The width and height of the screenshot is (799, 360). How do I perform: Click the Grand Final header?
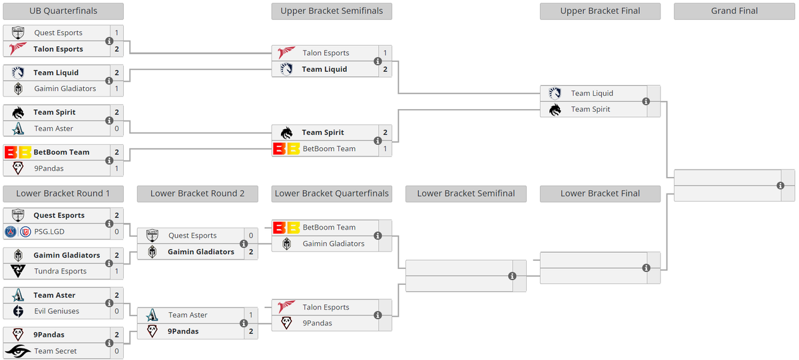pyautogui.click(x=734, y=11)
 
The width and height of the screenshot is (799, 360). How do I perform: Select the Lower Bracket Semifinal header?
pyautogui.click(x=466, y=194)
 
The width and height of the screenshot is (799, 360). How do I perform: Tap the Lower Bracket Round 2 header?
pyautogui.click(x=197, y=194)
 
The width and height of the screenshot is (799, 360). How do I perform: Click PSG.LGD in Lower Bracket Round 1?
pyautogui.click(x=49, y=232)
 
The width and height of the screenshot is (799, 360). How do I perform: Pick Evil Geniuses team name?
pyautogui.click(x=57, y=311)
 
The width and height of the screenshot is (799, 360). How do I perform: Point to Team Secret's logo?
pyautogui.click(x=18, y=351)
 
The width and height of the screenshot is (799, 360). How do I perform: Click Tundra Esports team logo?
pyautogui.click(x=18, y=271)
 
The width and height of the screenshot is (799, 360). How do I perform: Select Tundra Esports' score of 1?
pyautogui.click(x=117, y=271)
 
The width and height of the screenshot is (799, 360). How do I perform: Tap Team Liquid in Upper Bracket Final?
pyautogui.click(x=592, y=93)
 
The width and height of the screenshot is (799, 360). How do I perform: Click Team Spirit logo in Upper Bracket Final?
pyautogui.click(x=555, y=110)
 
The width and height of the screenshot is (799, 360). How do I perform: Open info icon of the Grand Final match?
pyautogui.click(x=780, y=186)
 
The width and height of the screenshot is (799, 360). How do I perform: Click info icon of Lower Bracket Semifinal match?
pyautogui.click(x=512, y=276)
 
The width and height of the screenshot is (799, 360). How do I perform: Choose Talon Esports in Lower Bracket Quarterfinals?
pyautogui.click(x=326, y=307)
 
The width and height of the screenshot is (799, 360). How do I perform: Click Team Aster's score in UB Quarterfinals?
pyautogui.click(x=117, y=128)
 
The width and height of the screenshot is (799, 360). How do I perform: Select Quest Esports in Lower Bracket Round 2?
pyautogui.click(x=192, y=236)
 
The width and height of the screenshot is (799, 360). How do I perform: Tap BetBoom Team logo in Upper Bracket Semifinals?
pyautogui.click(x=286, y=148)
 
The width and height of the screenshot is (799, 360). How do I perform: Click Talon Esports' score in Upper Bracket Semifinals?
pyautogui.click(x=386, y=53)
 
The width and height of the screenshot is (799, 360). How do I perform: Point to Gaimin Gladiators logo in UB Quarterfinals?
pyautogui.click(x=18, y=89)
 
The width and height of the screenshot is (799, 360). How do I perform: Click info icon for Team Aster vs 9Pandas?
pyautogui.click(x=244, y=323)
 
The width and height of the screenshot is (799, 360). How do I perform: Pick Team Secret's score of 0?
pyautogui.click(x=117, y=351)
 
